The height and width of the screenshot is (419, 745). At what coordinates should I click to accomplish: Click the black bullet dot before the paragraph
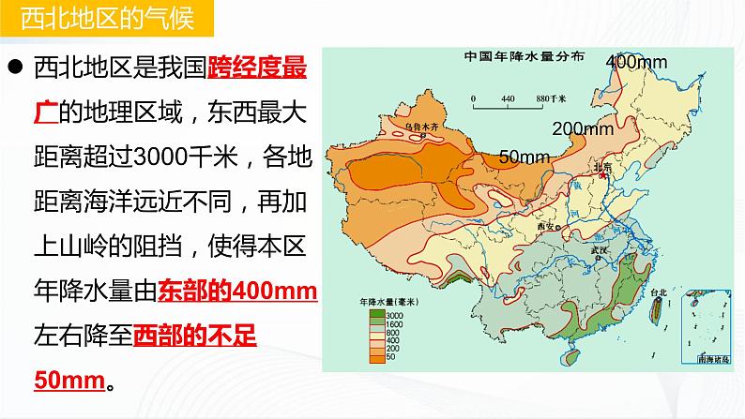(x=16, y=69)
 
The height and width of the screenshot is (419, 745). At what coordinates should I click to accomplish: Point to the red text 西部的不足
(x=195, y=334)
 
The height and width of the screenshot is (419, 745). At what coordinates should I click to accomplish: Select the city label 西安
(x=548, y=226)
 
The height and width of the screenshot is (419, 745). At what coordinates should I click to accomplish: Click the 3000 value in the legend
(x=392, y=317)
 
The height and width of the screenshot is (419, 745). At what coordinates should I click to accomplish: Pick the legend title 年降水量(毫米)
(x=384, y=304)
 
